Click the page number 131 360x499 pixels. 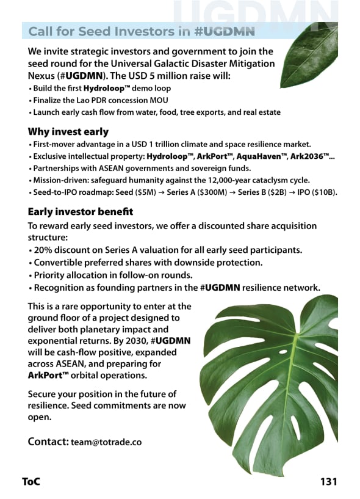tap(328, 481)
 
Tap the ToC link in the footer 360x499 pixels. tap(31, 481)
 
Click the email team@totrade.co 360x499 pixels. tap(106, 442)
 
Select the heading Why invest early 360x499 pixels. tap(68, 131)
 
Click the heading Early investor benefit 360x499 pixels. tap(81, 212)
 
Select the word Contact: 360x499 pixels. tap(48, 441)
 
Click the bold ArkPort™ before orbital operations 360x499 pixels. tap(48, 376)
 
